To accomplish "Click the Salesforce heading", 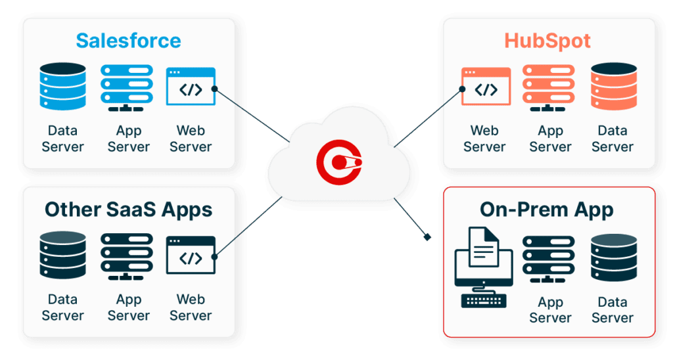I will (x=128, y=41).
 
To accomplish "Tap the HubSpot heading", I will (x=547, y=41).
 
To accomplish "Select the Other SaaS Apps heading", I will (x=128, y=210).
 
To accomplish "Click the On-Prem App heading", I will (x=547, y=210).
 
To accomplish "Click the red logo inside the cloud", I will (x=338, y=158).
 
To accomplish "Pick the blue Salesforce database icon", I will (x=63, y=86).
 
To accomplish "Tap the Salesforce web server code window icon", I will (x=191, y=86).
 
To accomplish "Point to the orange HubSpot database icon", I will (x=613, y=86).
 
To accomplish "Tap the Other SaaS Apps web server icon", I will (x=191, y=255).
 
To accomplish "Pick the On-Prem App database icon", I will (x=613, y=258).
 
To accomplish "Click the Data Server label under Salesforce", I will (x=63, y=139).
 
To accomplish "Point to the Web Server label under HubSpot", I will (x=484, y=139).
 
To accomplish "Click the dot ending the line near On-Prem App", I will (x=429, y=236).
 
